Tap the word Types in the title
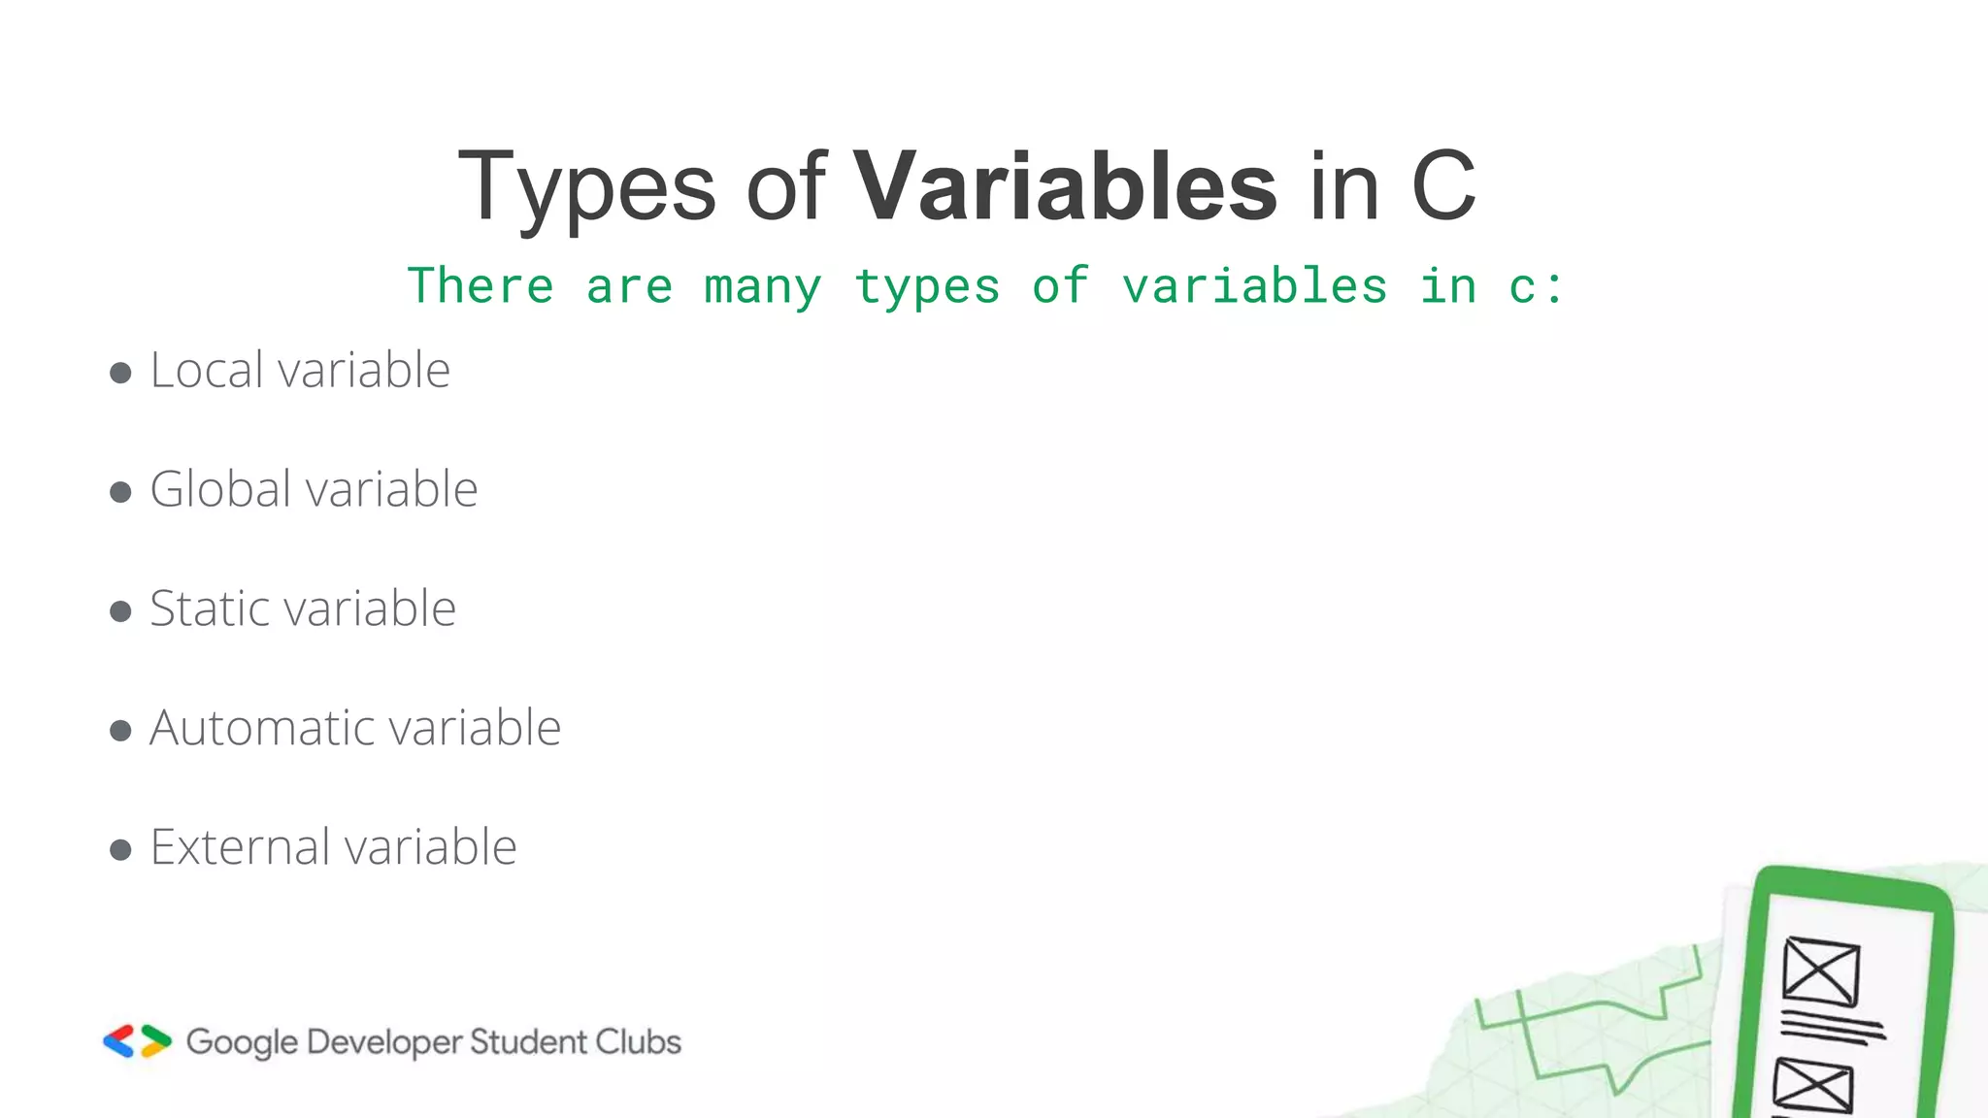(x=587, y=187)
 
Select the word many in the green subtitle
(x=763, y=287)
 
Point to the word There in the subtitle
(x=480, y=286)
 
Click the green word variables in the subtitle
(x=1254, y=286)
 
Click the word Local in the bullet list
(x=206, y=370)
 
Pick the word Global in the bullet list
(x=219, y=489)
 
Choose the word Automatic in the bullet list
(x=260, y=728)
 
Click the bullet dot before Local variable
(x=120, y=374)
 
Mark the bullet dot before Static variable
(x=120, y=612)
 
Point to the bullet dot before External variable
(x=120, y=851)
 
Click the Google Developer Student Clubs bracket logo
(x=137, y=1041)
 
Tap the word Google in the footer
(x=242, y=1042)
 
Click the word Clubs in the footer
(x=638, y=1041)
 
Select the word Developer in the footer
(x=384, y=1042)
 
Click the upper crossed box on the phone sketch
(x=1821, y=971)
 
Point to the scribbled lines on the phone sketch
(x=1831, y=1027)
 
